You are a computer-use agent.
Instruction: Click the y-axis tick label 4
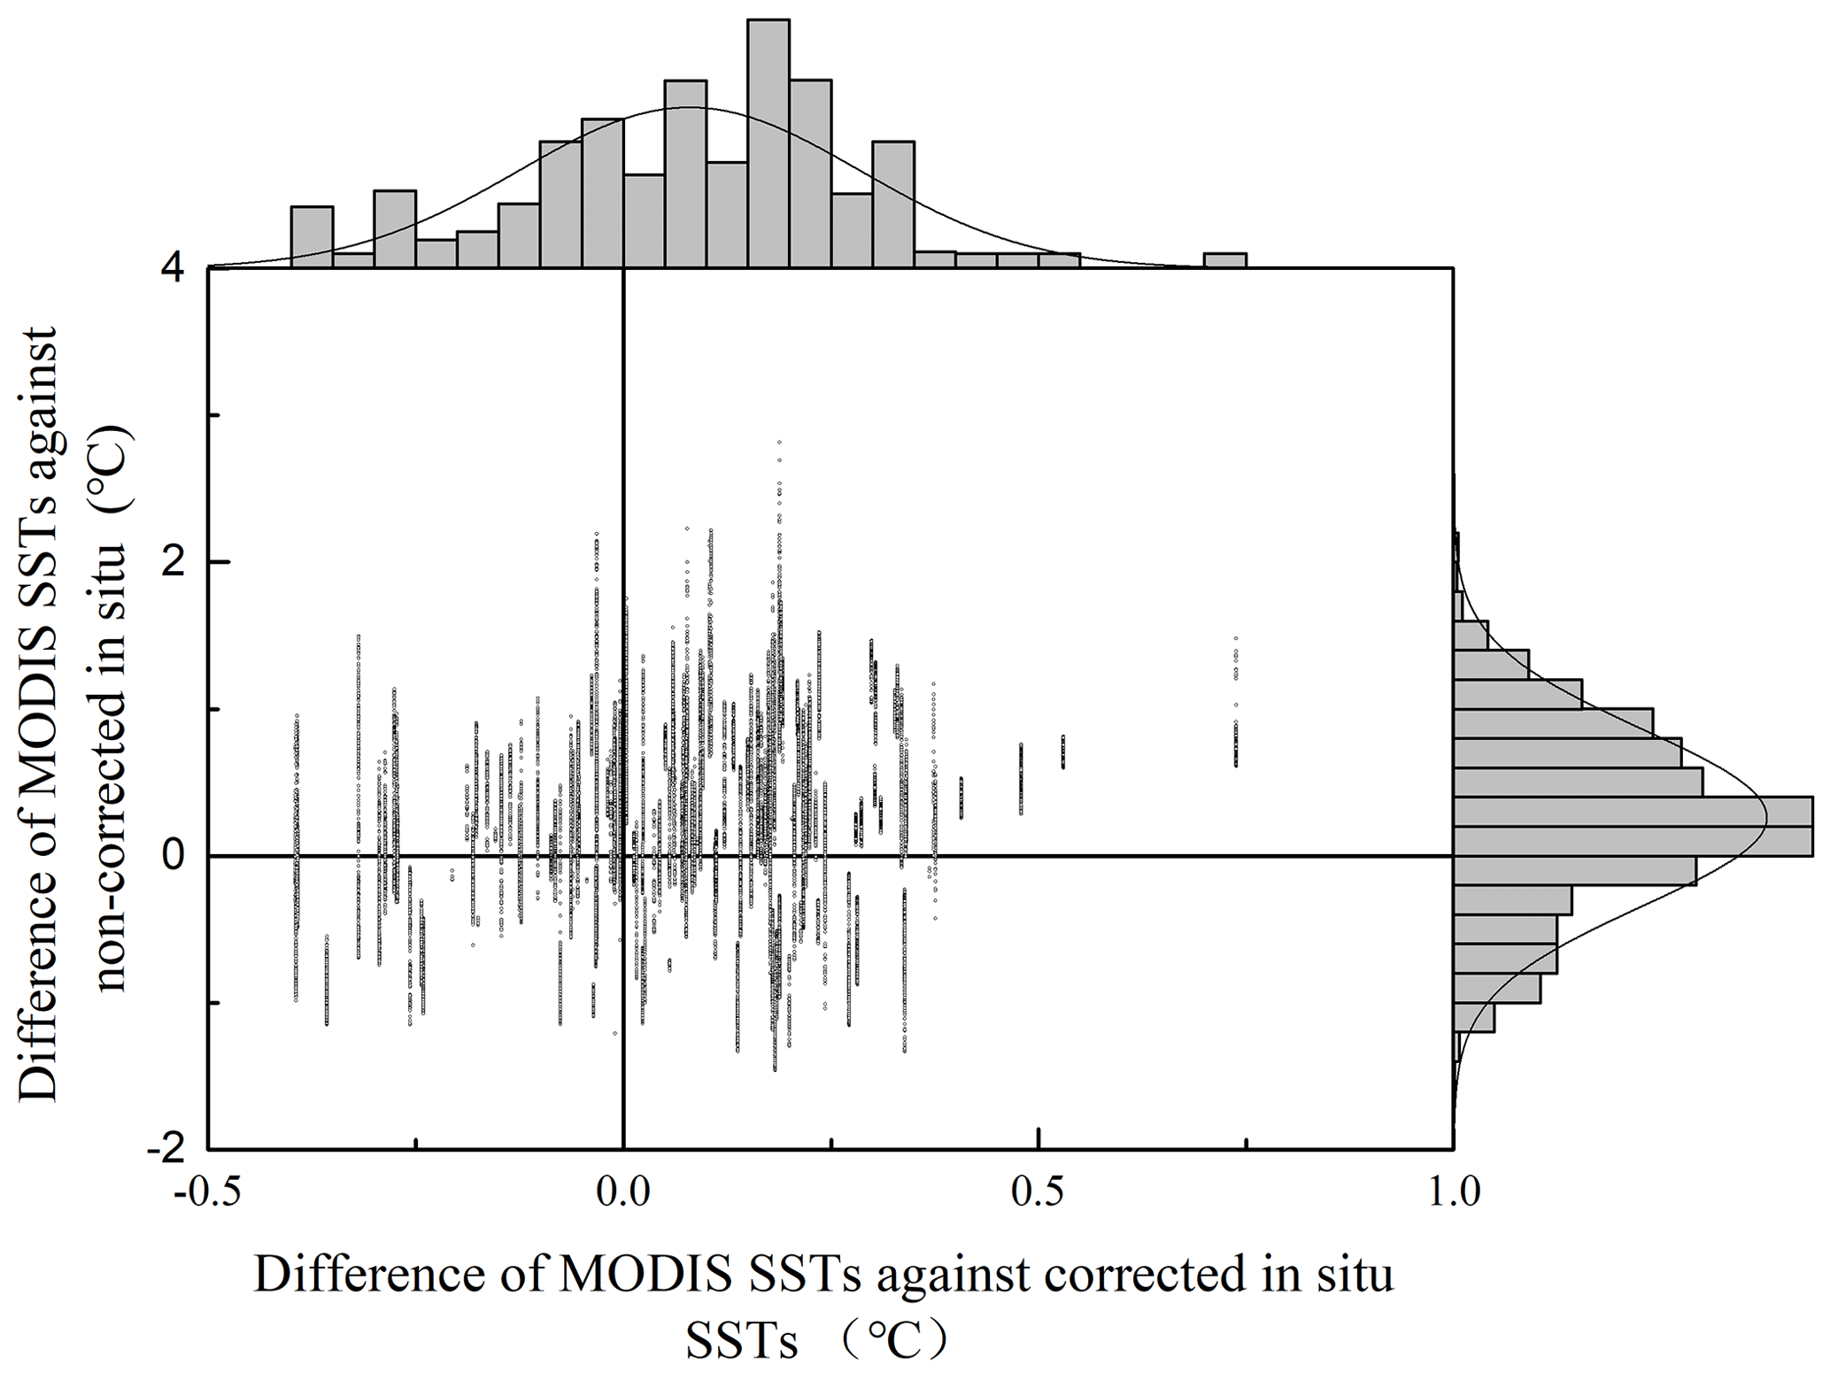(x=173, y=268)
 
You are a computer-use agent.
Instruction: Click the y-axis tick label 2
(x=173, y=562)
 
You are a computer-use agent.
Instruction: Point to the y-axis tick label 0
(x=173, y=856)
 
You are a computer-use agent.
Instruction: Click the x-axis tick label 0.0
(x=623, y=1193)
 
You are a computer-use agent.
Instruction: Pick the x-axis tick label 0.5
(x=1038, y=1193)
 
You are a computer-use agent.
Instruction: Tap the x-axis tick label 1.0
(x=1454, y=1193)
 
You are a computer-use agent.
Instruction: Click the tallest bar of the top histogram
(x=768, y=142)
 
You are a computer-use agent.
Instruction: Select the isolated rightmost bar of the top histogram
(x=1225, y=260)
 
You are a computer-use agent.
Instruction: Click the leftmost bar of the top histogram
(x=312, y=236)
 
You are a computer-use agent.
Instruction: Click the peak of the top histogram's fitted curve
(x=691, y=107)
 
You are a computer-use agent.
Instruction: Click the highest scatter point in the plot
(x=779, y=442)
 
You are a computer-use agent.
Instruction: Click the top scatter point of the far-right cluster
(x=1236, y=638)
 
